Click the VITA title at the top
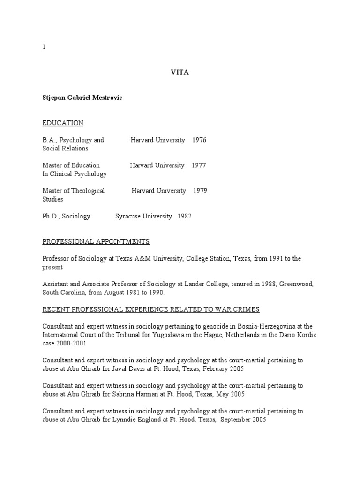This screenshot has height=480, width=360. coord(180,72)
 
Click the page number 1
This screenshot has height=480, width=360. coord(44,47)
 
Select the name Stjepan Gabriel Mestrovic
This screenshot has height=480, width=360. coord(82,97)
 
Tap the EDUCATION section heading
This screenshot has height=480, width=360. coord(63,123)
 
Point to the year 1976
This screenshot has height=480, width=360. coord(199,140)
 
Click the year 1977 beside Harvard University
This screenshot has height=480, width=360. coord(199,165)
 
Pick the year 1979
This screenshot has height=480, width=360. coord(200,191)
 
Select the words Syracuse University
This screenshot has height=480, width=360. coord(143,216)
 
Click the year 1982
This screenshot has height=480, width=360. coord(184,216)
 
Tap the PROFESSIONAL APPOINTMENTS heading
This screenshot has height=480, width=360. coord(96,241)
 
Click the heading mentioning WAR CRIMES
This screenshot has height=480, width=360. coord(151,309)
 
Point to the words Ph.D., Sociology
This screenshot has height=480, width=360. coord(66,216)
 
